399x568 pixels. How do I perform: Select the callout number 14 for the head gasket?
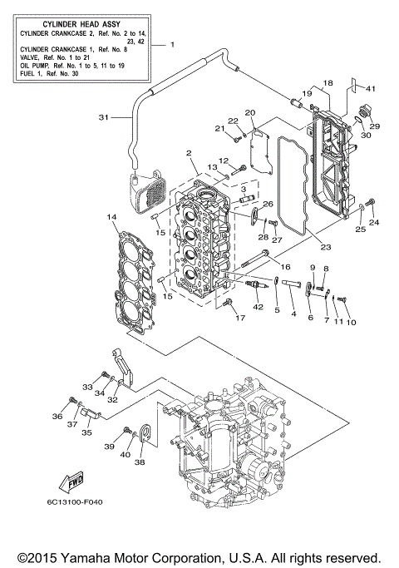[x=111, y=218]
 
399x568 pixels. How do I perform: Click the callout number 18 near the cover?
[x=328, y=83]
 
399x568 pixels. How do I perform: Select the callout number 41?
[x=372, y=88]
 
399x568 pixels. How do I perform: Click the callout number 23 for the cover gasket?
[x=325, y=247]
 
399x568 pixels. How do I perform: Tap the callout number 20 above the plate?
[x=249, y=112]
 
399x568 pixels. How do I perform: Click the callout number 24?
[x=374, y=223]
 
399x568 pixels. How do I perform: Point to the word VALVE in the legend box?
[x=30, y=59]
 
